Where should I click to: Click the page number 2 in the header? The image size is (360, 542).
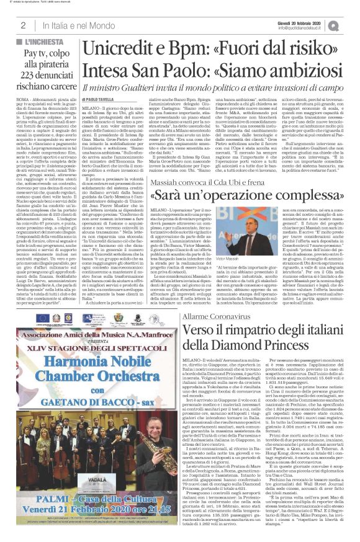tap(22, 25)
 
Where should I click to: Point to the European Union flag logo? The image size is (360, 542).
tap(43, 318)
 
